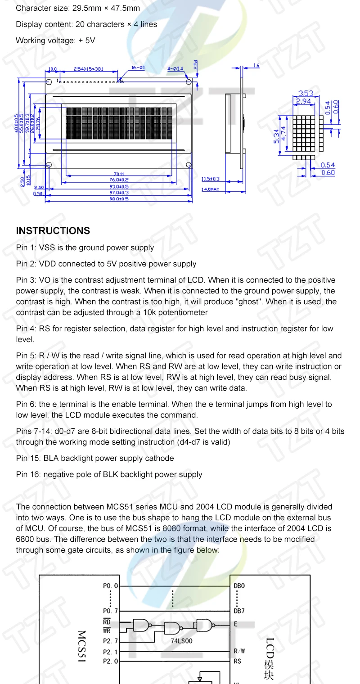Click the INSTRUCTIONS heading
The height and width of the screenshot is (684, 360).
click(53, 231)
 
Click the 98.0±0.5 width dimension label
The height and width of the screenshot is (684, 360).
click(119, 199)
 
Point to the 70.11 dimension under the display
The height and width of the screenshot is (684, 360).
click(119, 175)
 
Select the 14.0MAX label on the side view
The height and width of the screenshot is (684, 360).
click(210, 189)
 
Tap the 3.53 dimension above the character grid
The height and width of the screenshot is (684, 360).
click(306, 93)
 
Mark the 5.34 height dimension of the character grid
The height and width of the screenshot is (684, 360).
click(276, 135)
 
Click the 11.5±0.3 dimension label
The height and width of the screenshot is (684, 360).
click(211, 179)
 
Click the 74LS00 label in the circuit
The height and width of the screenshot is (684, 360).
click(182, 640)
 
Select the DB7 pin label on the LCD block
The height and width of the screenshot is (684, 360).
click(240, 611)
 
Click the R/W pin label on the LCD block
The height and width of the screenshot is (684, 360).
click(240, 651)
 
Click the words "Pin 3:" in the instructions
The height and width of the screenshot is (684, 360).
click(26, 280)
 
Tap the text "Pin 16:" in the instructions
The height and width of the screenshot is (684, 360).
click(28, 475)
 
